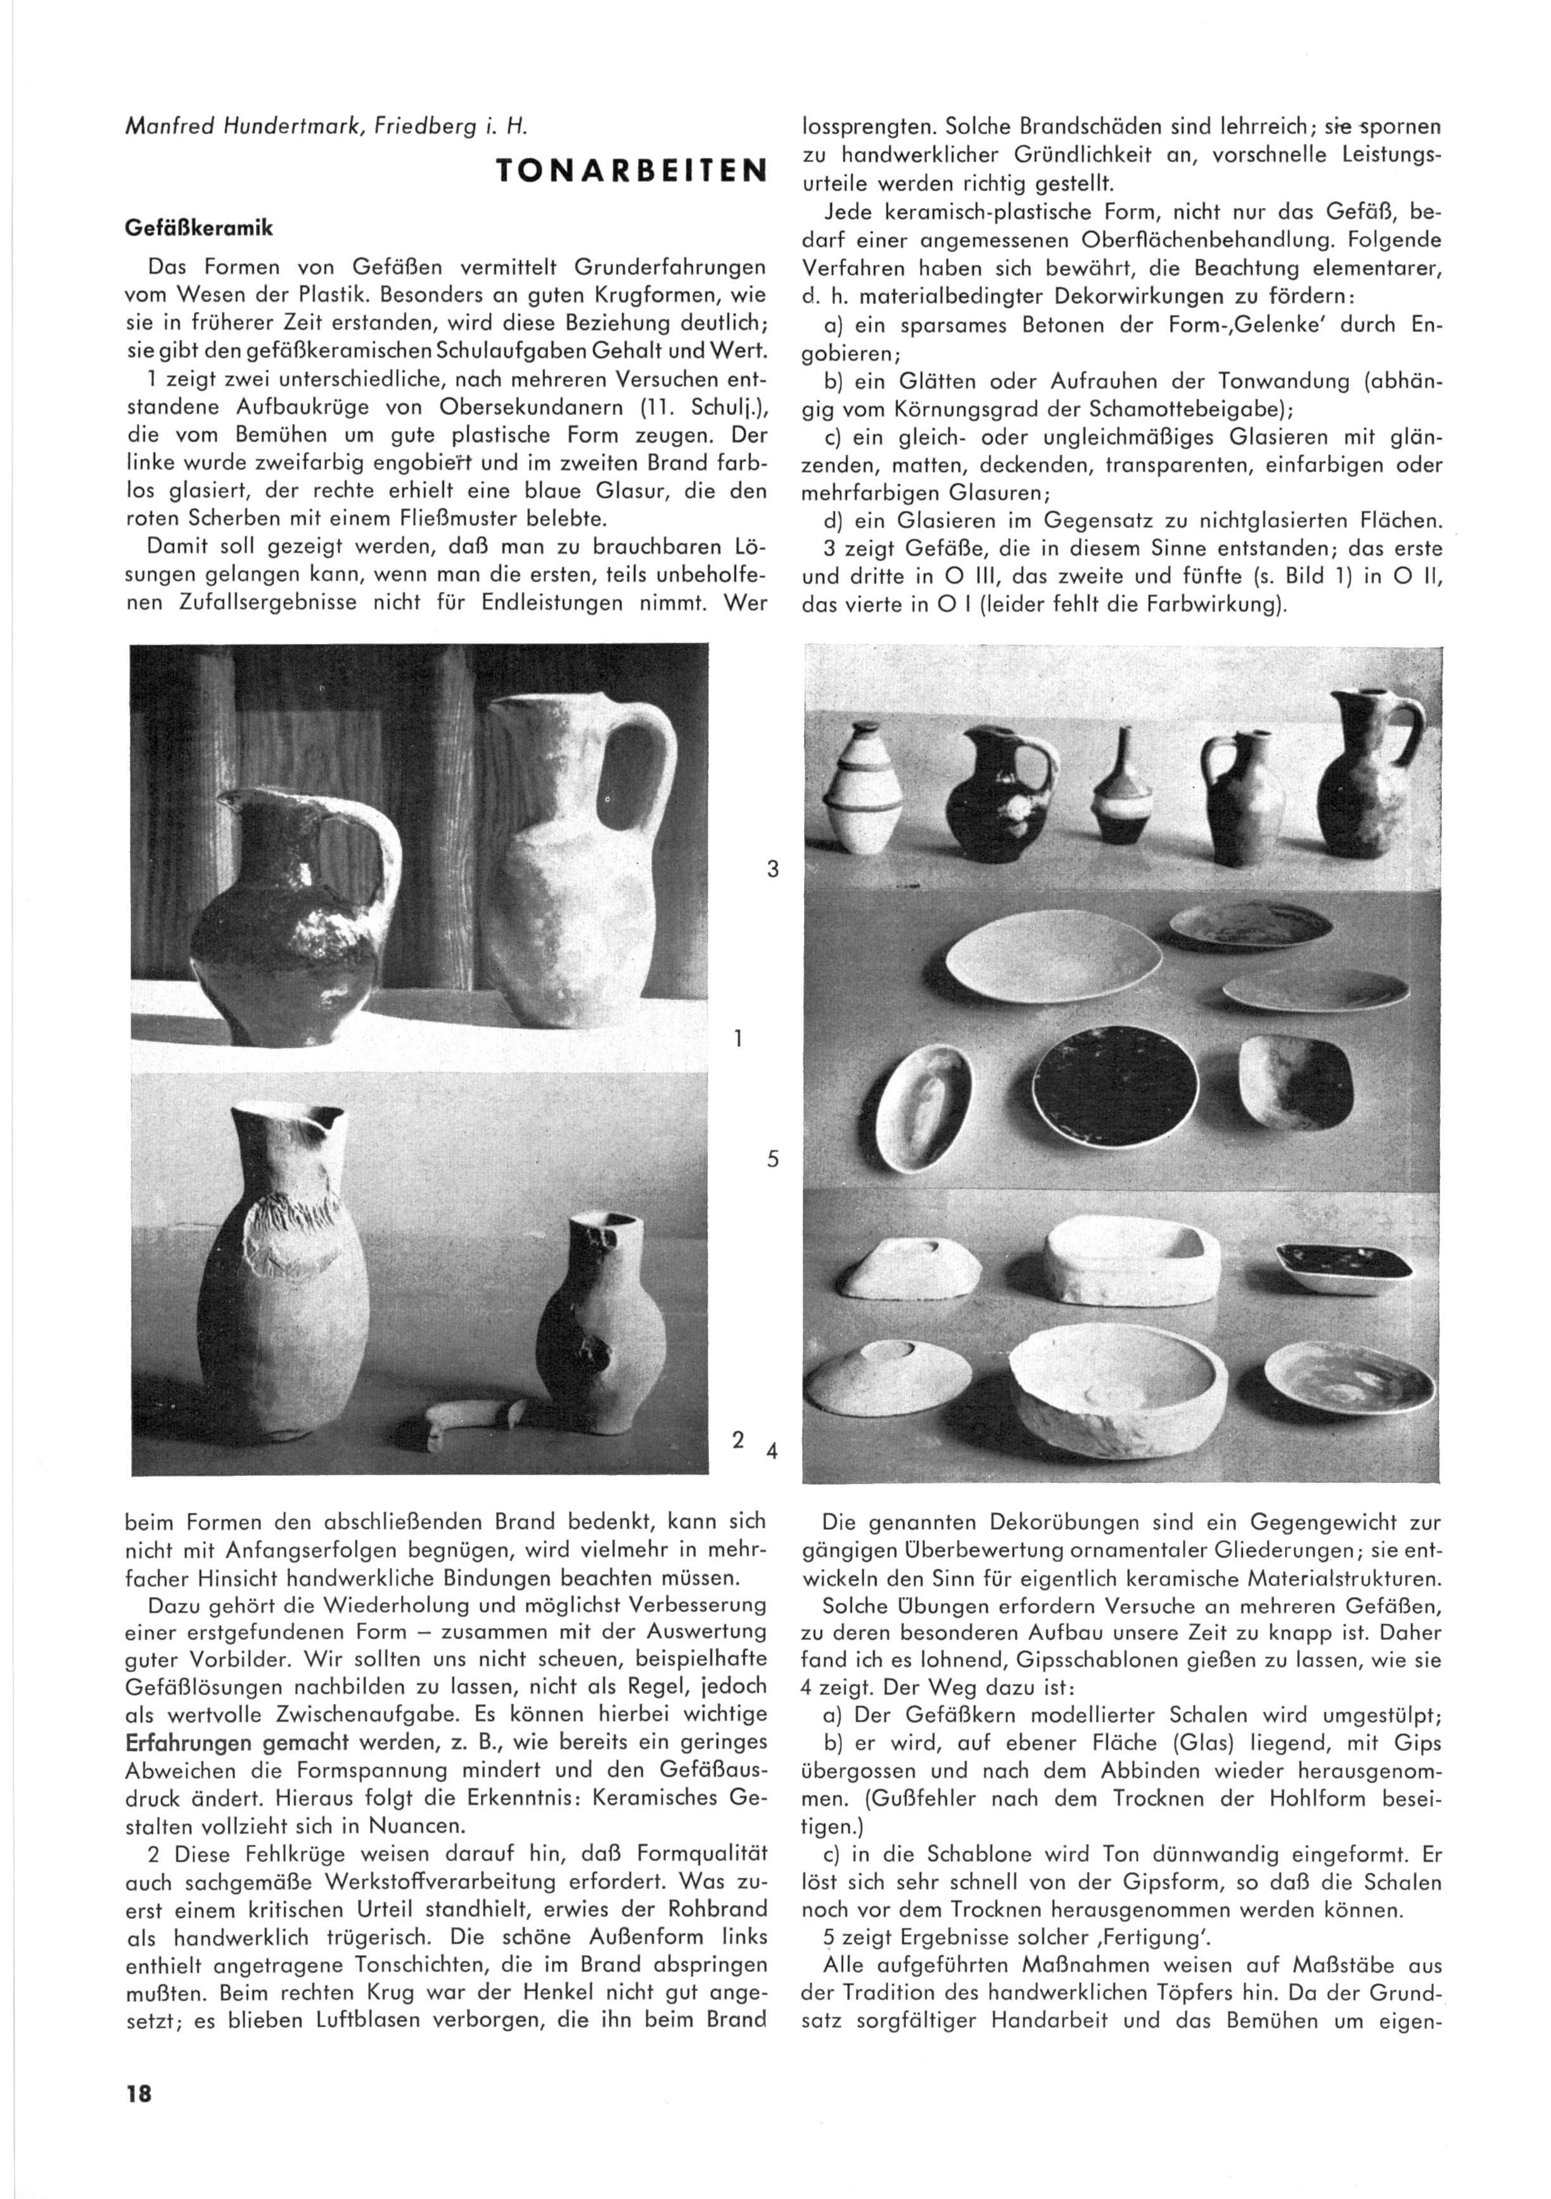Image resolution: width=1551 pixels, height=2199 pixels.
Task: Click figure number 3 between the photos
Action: (772, 869)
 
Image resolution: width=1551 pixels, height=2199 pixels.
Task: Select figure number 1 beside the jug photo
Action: (737, 1037)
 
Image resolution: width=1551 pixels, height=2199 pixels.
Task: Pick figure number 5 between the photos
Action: (772, 1160)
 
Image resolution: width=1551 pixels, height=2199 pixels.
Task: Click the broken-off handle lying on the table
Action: (471, 1416)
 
